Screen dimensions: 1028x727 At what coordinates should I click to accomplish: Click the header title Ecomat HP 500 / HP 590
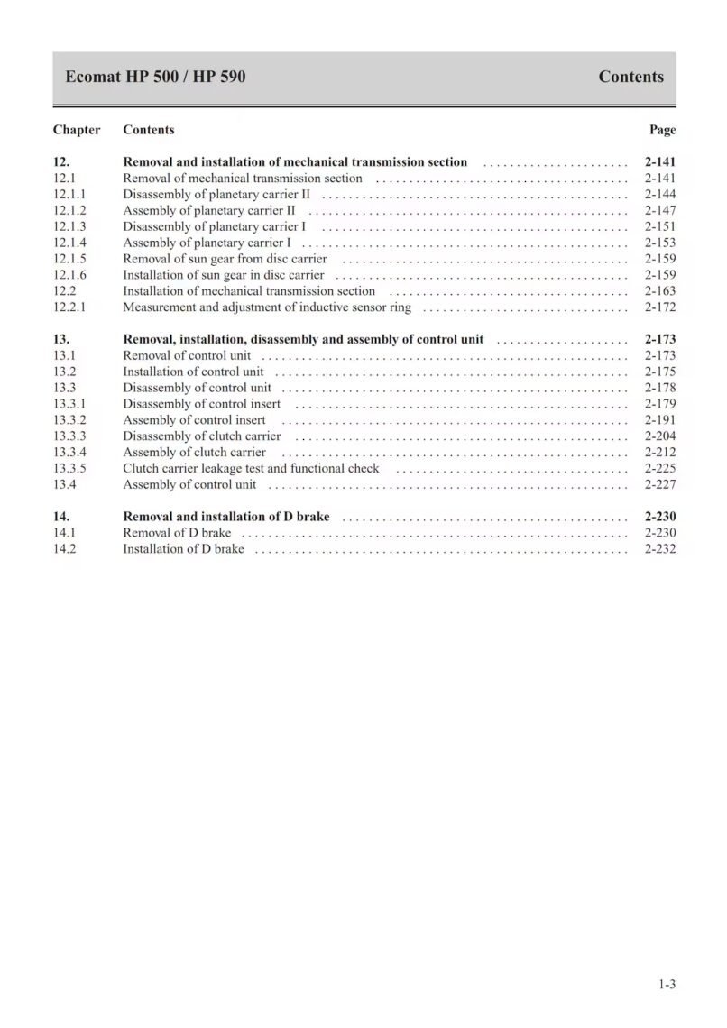155,77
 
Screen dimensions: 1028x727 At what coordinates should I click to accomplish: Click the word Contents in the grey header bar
630,77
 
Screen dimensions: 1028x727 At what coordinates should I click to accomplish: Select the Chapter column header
77,130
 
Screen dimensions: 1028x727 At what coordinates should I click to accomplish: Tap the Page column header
662,130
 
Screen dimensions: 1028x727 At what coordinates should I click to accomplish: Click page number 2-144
660,195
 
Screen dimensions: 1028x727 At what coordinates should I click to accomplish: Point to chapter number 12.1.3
69,227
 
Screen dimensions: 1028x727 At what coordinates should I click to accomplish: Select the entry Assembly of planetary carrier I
207,243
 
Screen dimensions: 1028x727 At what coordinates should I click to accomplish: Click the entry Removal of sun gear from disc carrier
225,260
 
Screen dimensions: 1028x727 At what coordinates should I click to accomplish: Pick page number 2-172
660,307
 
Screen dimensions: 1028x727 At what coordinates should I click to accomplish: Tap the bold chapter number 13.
61,340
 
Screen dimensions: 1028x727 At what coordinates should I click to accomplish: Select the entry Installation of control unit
193,372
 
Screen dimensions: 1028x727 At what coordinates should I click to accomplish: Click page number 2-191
660,420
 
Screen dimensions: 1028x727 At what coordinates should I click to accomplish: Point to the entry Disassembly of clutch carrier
202,436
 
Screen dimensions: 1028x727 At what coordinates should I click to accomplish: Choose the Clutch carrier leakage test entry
251,469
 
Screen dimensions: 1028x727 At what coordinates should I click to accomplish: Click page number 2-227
660,485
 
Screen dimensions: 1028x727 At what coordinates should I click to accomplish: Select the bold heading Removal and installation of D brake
225,517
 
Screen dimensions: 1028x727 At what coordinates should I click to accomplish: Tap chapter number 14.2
64,549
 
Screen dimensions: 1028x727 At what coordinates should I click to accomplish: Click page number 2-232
660,549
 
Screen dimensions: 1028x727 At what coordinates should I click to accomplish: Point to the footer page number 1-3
667,984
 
